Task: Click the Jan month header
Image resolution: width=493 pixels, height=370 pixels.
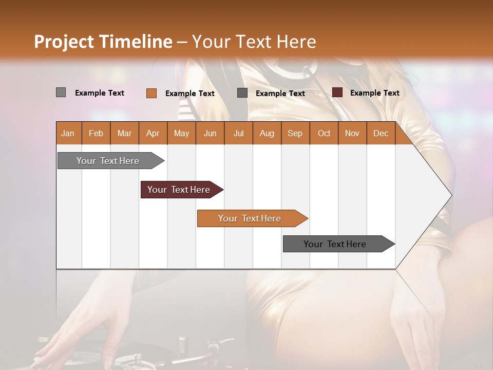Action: pyautogui.click(x=68, y=133)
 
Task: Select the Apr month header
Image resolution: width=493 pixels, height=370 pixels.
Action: pyautogui.click(x=153, y=133)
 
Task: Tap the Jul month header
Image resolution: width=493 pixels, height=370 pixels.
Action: pyautogui.click(x=238, y=133)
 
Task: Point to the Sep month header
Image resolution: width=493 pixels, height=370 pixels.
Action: pyautogui.click(x=295, y=133)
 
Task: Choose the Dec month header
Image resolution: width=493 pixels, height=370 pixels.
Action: pyautogui.click(x=381, y=133)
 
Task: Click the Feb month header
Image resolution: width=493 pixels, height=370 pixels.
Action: pyautogui.click(x=96, y=133)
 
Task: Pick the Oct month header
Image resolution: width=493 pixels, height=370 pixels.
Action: pyautogui.click(x=324, y=133)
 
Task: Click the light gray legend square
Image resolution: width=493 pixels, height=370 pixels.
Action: pyautogui.click(x=61, y=92)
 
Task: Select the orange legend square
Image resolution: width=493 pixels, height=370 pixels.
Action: pyautogui.click(x=151, y=93)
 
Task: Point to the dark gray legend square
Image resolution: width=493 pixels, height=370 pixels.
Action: pyautogui.click(x=242, y=93)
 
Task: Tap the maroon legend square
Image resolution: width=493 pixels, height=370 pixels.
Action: pyautogui.click(x=337, y=92)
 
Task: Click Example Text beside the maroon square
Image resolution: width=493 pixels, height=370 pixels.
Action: pyautogui.click(x=374, y=93)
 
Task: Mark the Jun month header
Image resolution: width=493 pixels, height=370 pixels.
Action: pyautogui.click(x=210, y=133)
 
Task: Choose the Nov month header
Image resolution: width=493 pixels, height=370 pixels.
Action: pyautogui.click(x=352, y=133)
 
